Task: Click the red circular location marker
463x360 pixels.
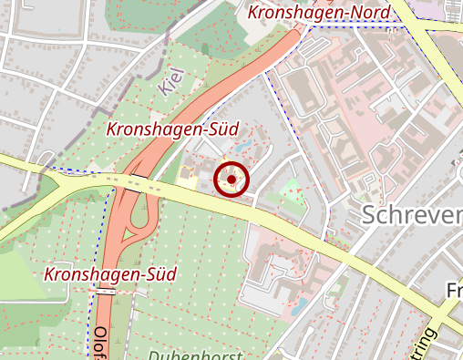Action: tap(231, 180)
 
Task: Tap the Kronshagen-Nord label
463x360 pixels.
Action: tap(318, 13)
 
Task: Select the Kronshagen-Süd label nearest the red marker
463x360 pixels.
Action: tap(166, 130)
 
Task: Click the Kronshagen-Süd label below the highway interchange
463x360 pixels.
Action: tap(110, 273)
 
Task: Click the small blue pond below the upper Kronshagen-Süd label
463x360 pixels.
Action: tap(242, 147)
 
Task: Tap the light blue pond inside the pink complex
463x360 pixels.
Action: tap(298, 305)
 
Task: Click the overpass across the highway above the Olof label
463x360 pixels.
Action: tap(106, 293)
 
